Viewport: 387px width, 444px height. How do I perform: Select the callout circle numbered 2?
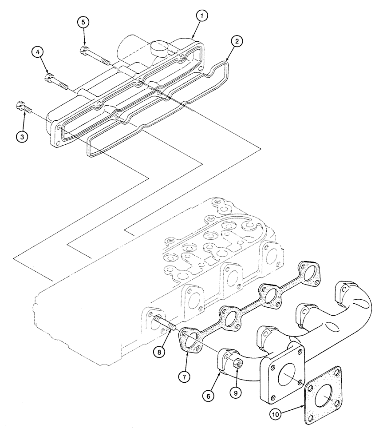(237, 41)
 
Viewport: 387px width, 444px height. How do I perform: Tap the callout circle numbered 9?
(236, 392)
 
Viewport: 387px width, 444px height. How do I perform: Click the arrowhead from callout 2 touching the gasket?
(227, 61)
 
